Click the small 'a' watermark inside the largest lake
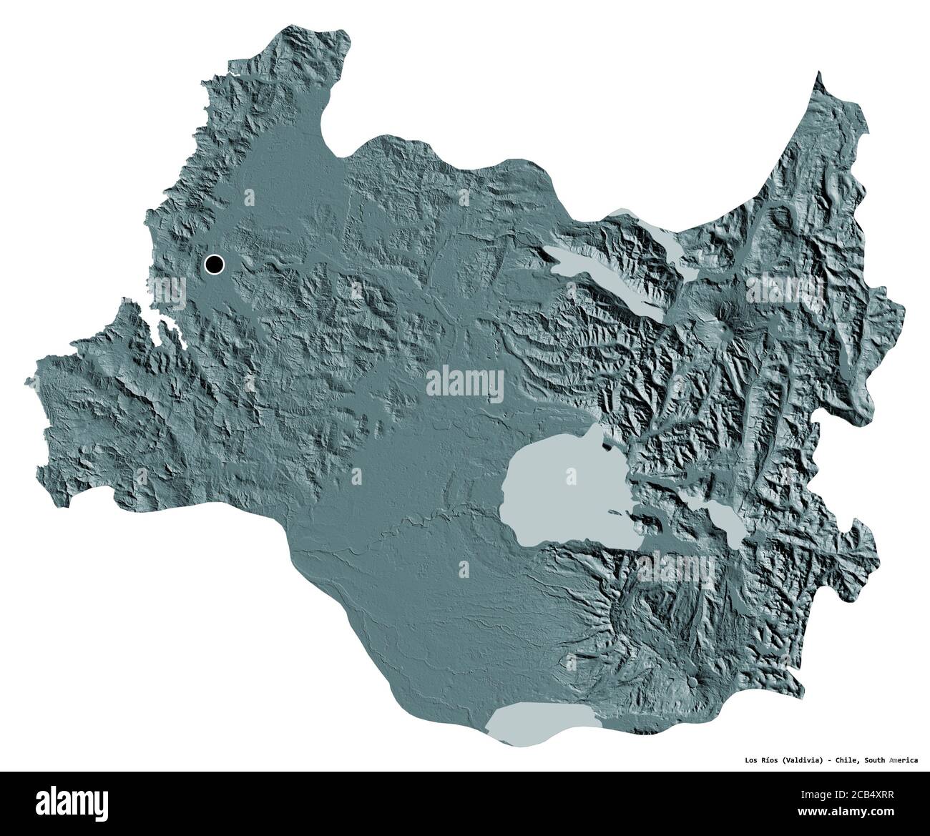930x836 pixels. (571, 475)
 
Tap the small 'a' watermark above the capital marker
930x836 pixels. (249, 196)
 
